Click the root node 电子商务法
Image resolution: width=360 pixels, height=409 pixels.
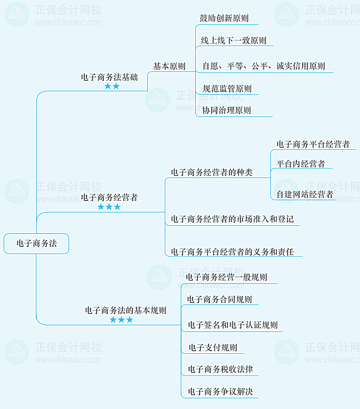pyautogui.click(x=37, y=243)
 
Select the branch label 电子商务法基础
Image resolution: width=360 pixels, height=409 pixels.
pyautogui.click(x=109, y=77)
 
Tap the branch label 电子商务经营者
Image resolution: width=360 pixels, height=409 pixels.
pyautogui.click(x=109, y=197)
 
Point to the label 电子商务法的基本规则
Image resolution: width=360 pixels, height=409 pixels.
pyautogui.click(x=125, y=311)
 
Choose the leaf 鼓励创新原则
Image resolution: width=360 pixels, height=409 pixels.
pyautogui.click(x=224, y=19)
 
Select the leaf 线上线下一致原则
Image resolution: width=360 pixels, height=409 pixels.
pyautogui.click(x=234, y=41)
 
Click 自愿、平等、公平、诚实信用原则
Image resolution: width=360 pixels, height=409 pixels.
pyautogui.click(x=264, y=66)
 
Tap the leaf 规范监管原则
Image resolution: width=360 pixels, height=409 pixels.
pyautogui.click(x=227, y=88)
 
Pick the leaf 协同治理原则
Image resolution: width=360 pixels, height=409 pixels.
pyautogui.click(x=227, y=110)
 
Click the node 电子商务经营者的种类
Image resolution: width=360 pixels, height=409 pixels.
pyautogui.click(x=212, y=172)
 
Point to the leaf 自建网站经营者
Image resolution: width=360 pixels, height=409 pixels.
pyautogui.click(x=305, y=194)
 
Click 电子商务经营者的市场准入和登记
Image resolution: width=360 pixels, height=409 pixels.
pyautogui.click(x=232, y=219)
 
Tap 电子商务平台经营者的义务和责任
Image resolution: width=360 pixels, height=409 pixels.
pyautogui.click(x=231, y=252)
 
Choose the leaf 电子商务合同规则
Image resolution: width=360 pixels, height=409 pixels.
pyautogui.click(x=219, y=299)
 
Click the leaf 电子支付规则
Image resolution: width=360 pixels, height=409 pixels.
pyautogui.click(x=213, y=348)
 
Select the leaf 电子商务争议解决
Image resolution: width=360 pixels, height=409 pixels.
pyautogui.click(x=220, y=391)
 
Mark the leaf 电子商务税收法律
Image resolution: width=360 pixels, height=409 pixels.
pyautogui.click(x=220, y=369)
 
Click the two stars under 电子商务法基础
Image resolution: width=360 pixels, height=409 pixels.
pyautogui.click(x=112, y=87)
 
